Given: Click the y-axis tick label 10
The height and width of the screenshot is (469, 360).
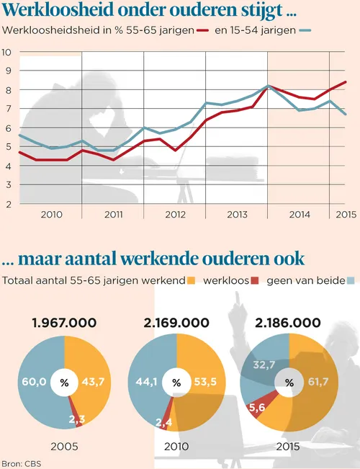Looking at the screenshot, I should click(6, 53).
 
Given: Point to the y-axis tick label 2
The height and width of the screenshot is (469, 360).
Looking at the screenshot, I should click(7, 205).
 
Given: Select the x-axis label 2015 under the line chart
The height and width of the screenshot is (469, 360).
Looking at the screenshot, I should click(346, 214).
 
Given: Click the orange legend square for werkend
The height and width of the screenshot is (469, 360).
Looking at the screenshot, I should click(191, 280).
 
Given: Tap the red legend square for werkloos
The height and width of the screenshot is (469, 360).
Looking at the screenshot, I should click(256, 280).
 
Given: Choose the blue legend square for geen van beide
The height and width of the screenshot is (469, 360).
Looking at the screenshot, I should click(351, 280).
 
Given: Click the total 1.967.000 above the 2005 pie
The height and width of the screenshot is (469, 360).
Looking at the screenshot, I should click(64, 323).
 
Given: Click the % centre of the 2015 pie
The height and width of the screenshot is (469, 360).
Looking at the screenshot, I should click(289, 383).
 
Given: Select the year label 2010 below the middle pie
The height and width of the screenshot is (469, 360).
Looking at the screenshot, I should click(176, 446).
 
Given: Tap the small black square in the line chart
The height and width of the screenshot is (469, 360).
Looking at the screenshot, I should click(274, 100).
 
